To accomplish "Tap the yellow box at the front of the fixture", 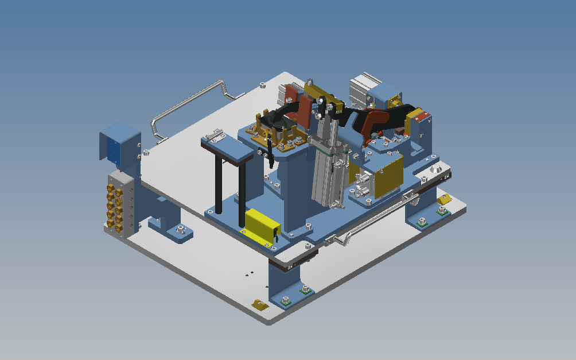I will click(x=262, y=223).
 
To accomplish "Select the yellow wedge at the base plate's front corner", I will click(x=259, y=305).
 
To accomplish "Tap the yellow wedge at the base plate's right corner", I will click(x=444, y=199).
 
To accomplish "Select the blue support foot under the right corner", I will click(x=422, y=212).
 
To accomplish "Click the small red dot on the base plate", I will click(x=251, y=271).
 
